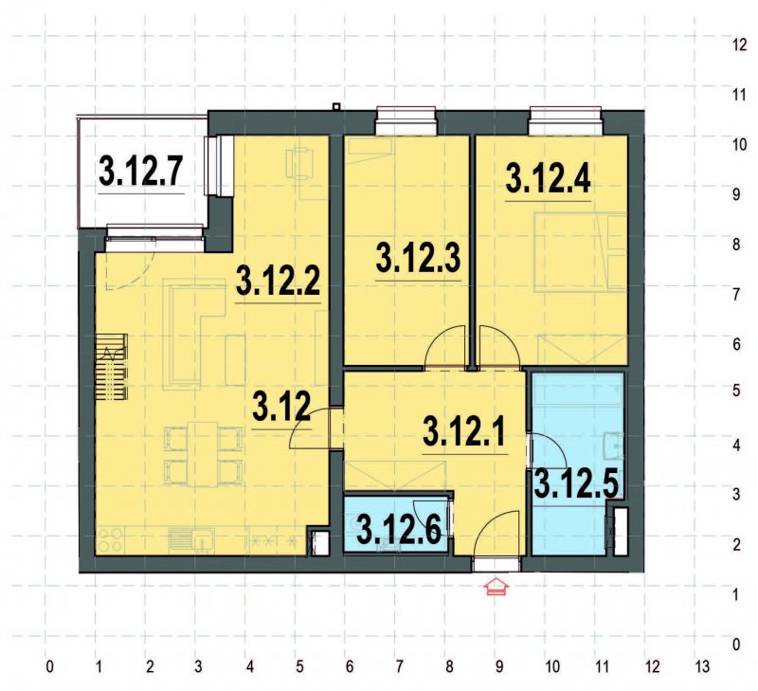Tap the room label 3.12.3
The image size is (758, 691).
(x=419, y=260)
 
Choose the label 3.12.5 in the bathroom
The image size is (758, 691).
(x=577, y=484)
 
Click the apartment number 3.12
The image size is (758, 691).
(x=281, y=408)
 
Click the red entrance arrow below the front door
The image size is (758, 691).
(x=496, y=589)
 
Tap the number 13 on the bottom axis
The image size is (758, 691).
(x=701, y=664)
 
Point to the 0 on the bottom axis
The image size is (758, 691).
(x=48, y=664)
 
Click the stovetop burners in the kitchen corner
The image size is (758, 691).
(x=110, y=539)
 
